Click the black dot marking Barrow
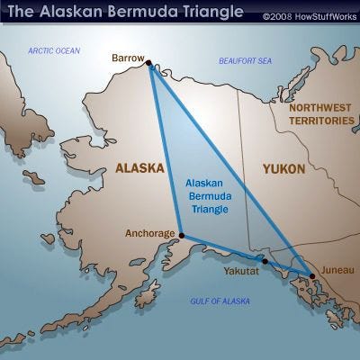(148, 63)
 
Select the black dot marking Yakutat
(265, 261)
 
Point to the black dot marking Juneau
(311, 275)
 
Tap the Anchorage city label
(149, 233)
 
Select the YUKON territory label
(283, 168)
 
